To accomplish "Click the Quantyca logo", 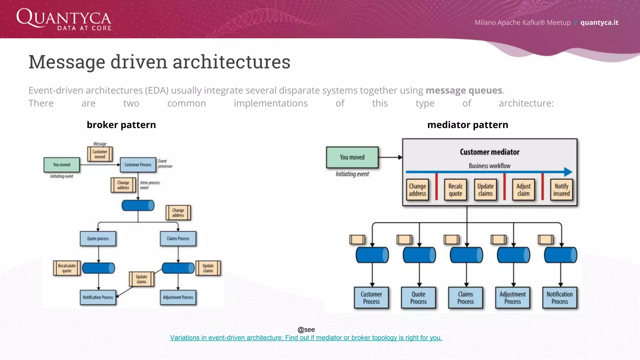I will click(x=64, y=19).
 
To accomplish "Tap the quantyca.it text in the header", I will click(x=599, y=22).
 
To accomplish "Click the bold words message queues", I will click(x=464, y=90).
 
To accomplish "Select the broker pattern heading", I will click(x=121, y=125).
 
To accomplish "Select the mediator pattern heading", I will click(x=467, y=125).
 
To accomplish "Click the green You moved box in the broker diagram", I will click(x=62, y=165).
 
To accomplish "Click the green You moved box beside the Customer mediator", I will click(x=352, y=157).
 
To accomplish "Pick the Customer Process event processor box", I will click(x=138, y=165).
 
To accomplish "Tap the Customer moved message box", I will click(x=100, y=154).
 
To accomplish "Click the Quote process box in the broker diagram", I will click(x=98, y=239).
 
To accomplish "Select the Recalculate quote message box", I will click(x=67, y=268).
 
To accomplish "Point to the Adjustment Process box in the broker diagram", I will click(x=178, y=297).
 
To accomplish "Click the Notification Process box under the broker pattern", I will click(x=98, y=297).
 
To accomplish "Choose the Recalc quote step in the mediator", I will click(x=455, y=190).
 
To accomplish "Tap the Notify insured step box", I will click(x=561, y=190).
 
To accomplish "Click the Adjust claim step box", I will click(x=523, y=190).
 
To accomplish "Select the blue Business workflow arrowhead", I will click(x=568, y=172).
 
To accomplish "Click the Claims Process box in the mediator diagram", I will click(x=465, y=298).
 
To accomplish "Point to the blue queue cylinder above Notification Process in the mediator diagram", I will click(x=560, y=255).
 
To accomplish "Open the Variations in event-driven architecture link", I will click(x=306, y=338).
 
